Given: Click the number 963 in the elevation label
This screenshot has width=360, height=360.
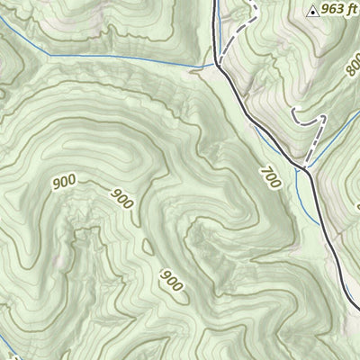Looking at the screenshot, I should [x=331, y=11].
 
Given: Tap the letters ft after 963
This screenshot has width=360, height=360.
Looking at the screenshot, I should [x=351, y=11].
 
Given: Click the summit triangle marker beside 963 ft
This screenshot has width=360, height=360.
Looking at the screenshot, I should [x=312, y=12].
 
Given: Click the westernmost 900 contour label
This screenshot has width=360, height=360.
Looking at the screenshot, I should [x=64, y=183].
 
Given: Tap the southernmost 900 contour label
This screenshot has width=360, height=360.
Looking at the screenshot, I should [x=171, y=281].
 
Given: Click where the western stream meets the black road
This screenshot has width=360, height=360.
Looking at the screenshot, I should [x=217, y=64].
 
